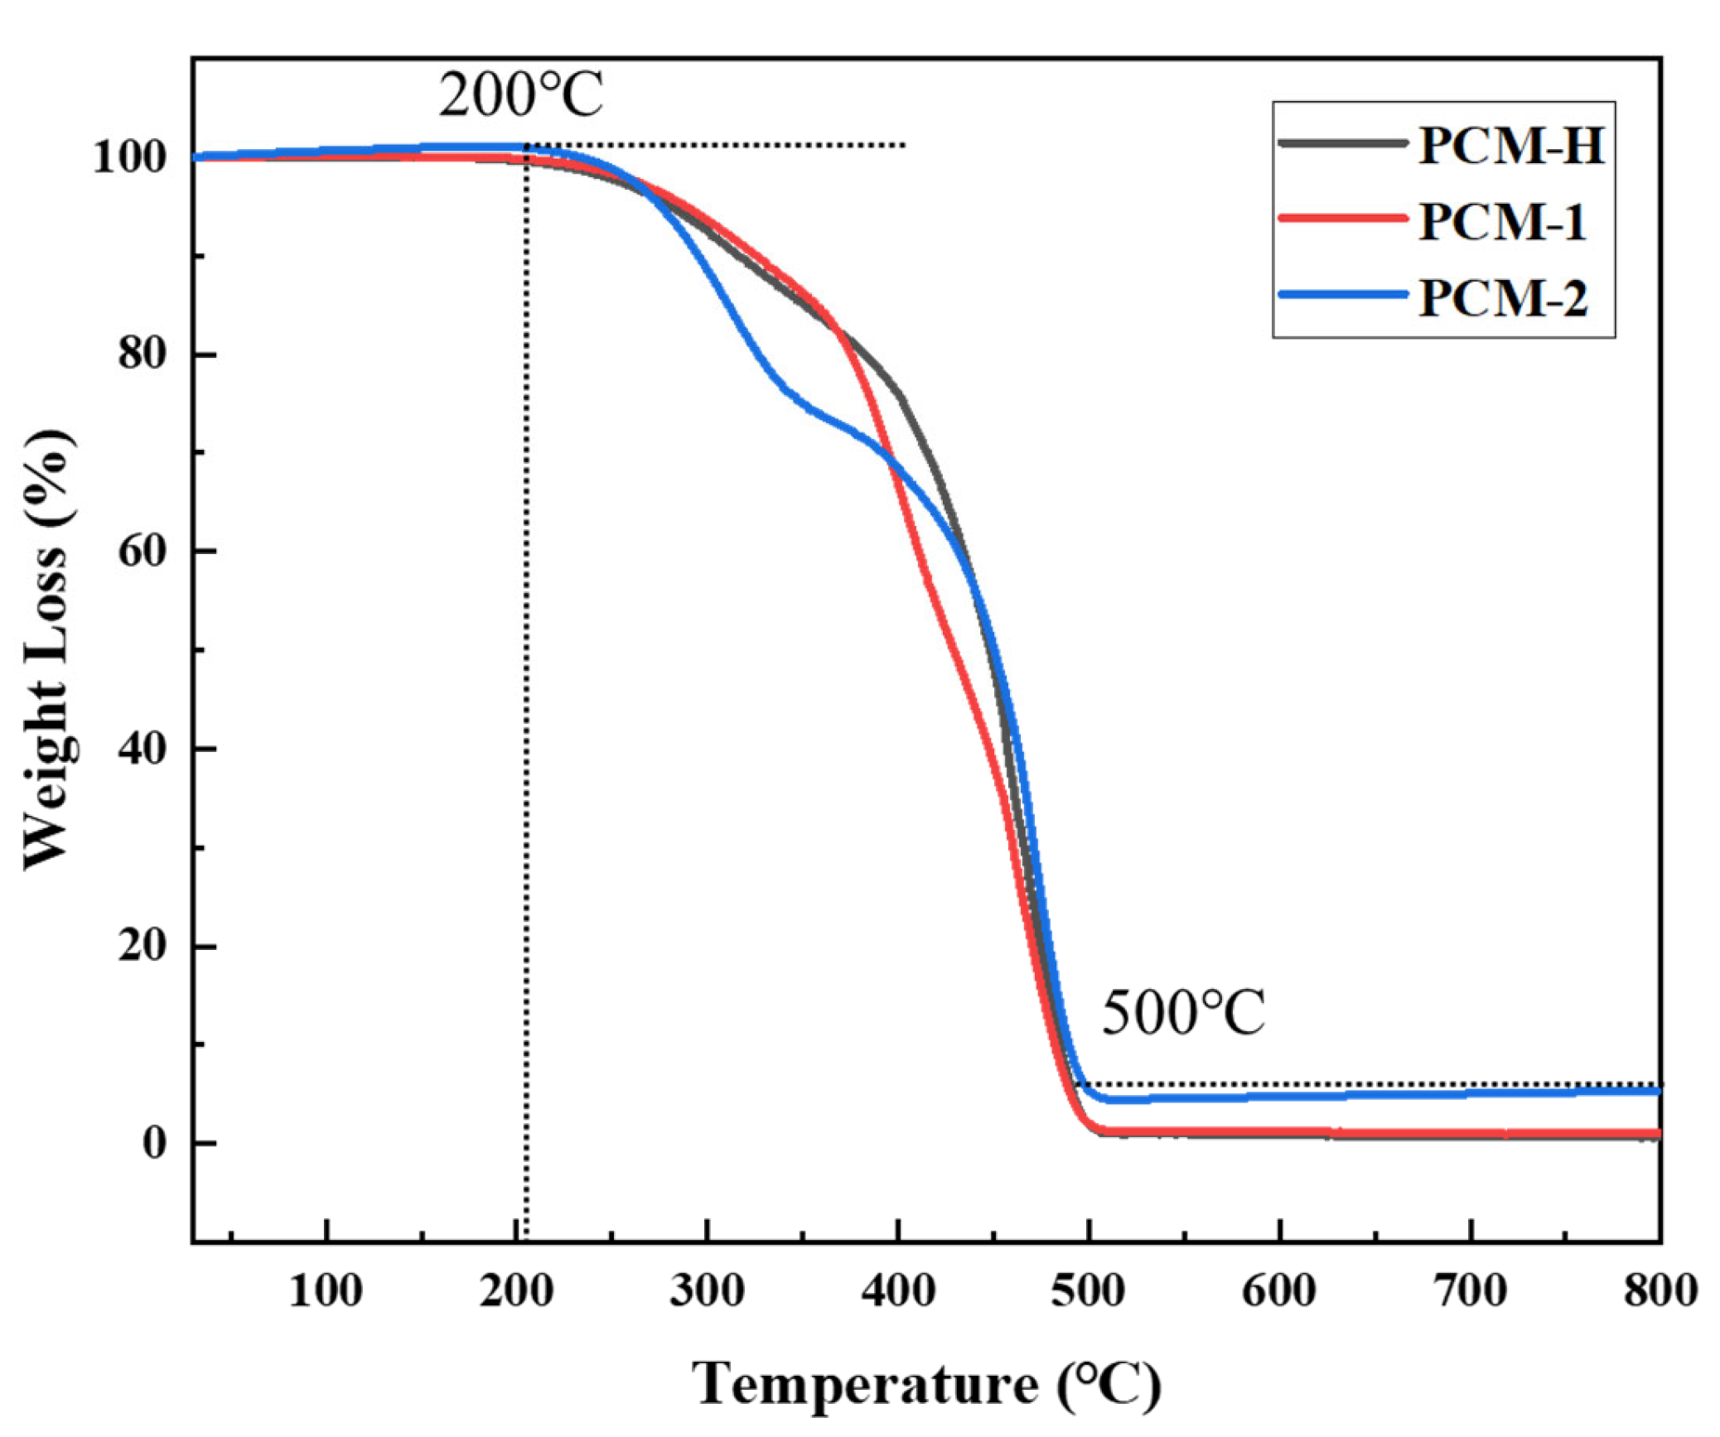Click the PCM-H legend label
pos(1510,146)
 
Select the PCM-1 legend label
pos(1501,222)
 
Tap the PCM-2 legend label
pos(1502,298)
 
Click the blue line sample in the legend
pos(1342,294)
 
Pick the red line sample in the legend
pos(1342,219)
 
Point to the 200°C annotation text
pos(520,94)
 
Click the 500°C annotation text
pos(1182,1012)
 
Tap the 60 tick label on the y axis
pos(142,551)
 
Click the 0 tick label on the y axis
pos(155,1143)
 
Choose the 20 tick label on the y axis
pos(142,946)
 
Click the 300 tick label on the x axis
pos(707,1291)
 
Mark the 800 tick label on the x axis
pos(1660,1291)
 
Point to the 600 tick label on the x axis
pos(1278,1291)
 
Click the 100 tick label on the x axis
pos(326,1291)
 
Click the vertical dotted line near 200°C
pos(526,745)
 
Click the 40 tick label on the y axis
pos(142,749)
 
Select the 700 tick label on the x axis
pos(1470,1291)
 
